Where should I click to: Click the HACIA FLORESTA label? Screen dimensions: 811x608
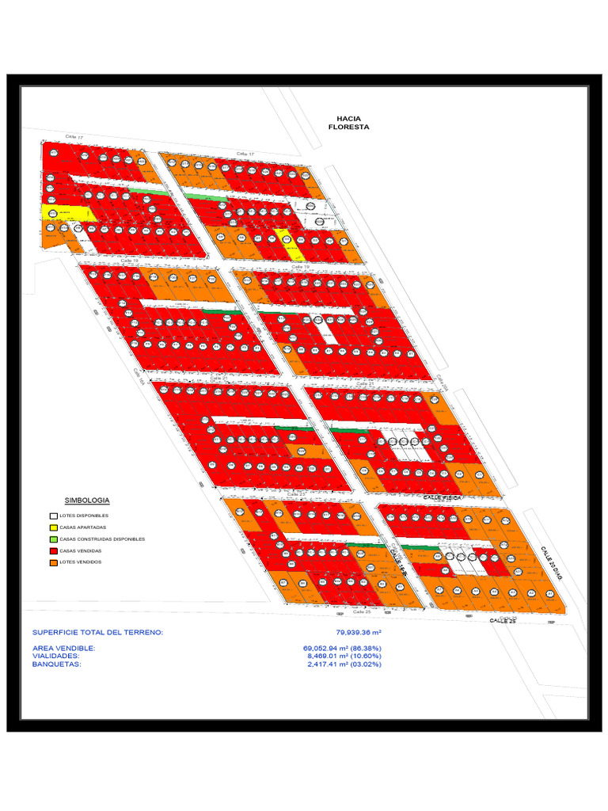348,122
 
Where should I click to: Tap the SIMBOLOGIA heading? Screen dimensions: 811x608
87,501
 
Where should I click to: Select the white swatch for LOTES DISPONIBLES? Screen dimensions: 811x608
54,516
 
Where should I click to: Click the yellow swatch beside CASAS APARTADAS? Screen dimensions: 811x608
54,527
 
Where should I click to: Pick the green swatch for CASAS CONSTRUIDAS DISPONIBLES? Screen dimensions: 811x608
54,539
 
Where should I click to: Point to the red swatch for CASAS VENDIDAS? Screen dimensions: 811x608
54,550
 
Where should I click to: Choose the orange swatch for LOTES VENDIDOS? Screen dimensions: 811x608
54,562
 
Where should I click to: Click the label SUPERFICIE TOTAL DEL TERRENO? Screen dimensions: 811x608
97,632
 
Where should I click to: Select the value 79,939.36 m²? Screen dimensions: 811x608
359,632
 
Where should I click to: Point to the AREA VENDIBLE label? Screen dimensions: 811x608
63,648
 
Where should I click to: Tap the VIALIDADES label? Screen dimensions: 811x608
55,656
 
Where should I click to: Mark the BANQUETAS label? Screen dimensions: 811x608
56,664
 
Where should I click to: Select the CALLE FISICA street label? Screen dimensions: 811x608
442,497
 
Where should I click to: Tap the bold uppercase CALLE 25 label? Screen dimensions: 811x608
502,622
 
